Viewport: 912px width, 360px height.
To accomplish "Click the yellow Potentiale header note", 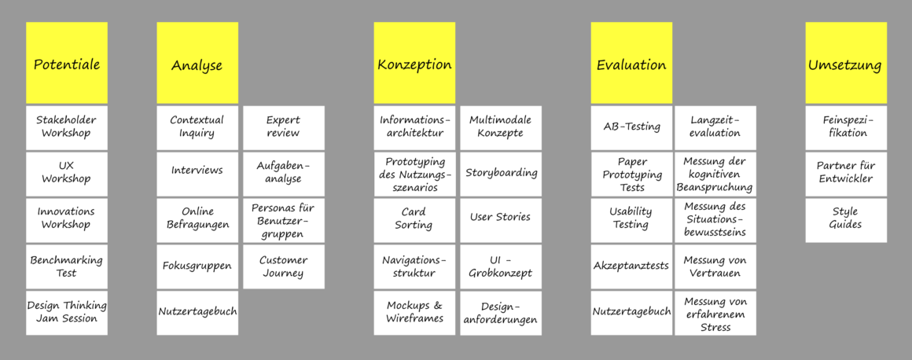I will click(x=67, y=63).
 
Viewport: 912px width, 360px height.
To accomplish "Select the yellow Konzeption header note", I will click(x=414, y=63).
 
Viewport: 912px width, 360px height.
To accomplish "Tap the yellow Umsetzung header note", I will click(x=846, y=63).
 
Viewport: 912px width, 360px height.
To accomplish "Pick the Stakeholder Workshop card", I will click(x=67, y=127).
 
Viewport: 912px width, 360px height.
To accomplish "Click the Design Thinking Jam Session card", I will click(x=67, y=313).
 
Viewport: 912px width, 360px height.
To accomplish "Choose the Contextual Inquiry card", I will click(x=197, y=127).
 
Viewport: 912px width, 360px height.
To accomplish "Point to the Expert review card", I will click(x=283, y=127).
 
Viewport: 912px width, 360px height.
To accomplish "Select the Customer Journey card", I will click(x=283, y=266).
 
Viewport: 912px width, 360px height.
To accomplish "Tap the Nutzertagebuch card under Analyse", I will click(x=197, y=313).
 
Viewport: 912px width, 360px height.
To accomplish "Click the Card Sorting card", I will click(x=414, y=219).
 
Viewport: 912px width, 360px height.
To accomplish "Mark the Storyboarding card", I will click(x=501, y=174).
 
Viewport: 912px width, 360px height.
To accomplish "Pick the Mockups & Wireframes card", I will click(x=414, y=313).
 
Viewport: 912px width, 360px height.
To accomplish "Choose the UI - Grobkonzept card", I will click(x=501, y=266).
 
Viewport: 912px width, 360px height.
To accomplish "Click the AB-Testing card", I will click(x=632, y=127).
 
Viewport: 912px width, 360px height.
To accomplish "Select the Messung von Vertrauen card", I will click(x=715, y=266).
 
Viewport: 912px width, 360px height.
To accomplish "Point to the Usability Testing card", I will click(x=632, y=219).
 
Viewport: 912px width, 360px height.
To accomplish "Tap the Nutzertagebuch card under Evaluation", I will click(x=632, y=313).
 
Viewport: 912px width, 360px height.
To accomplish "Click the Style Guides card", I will click(x=846, y=219).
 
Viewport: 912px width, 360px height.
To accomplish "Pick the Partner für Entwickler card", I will click(x=846, y=174).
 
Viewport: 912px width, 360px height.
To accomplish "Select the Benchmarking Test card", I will click(x=67, y=266).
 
